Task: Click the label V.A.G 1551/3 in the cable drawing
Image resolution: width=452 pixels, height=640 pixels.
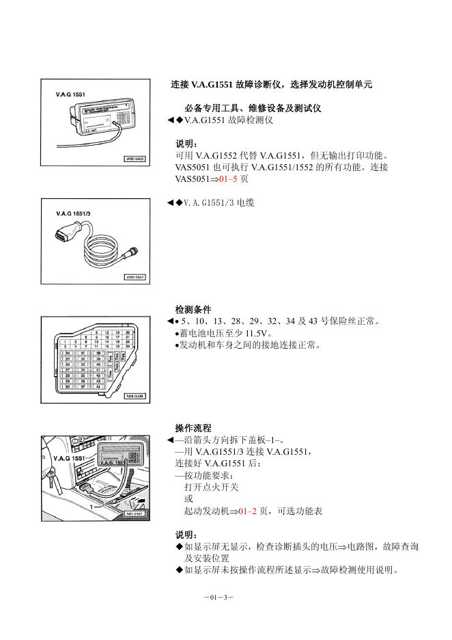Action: (x=74, y=214)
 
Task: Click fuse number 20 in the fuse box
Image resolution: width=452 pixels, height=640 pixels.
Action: (x=128, y=332)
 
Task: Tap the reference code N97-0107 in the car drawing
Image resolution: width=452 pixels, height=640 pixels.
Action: (x=135, y=511)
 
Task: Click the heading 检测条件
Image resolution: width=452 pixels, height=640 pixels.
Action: (x=193, y=310)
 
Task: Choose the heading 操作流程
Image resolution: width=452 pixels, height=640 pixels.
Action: (x=193, y=428)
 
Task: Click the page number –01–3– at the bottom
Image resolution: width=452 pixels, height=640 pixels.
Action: (x=219, y=597)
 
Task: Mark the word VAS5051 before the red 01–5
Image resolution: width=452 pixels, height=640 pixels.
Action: (x=193, y=178)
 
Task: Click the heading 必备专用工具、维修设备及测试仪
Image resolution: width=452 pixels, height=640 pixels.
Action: (x=253, y=108)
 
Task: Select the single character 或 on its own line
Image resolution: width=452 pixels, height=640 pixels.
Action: (x=188, y=499)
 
